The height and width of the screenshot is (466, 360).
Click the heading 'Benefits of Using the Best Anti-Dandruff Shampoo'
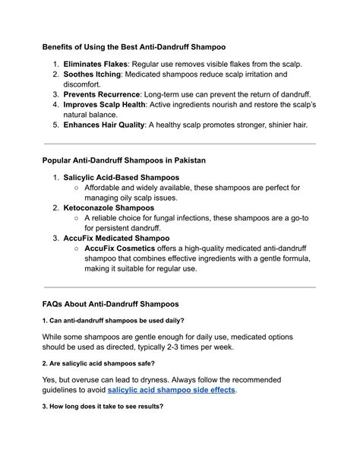[134, 46]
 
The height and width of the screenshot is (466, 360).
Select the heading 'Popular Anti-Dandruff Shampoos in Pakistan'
[123, 160]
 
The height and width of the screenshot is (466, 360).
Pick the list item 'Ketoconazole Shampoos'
[109, 208]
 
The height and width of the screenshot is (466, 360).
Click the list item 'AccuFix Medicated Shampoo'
[116, 238]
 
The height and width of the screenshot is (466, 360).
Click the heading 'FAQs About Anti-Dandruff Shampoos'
[110, 304]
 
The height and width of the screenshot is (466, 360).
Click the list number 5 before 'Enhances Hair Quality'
[55, 124]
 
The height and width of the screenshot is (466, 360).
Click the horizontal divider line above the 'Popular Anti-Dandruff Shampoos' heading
[180, 144]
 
